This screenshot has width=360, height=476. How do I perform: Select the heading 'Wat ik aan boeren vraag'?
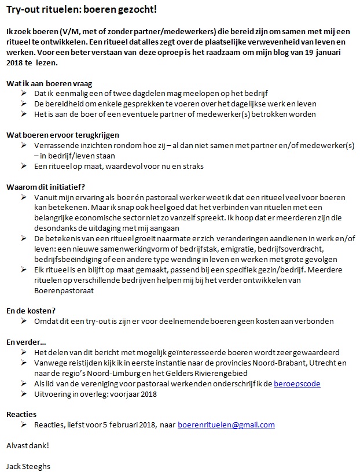click(x=49, y=83)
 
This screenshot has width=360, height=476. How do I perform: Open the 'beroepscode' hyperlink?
click(x=297, y=383)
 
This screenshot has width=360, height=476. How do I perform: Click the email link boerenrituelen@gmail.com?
click(x=226, y=425)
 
